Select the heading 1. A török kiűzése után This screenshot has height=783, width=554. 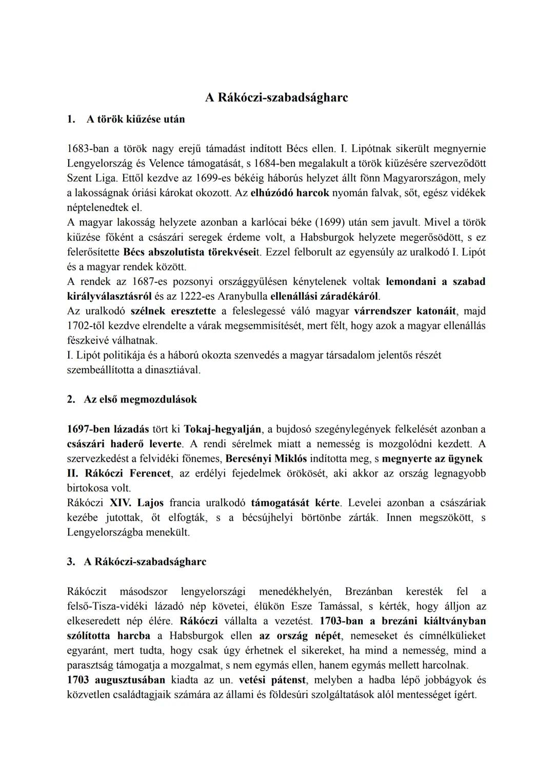(x=126, y=119)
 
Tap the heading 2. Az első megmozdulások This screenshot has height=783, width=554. (x=132, y=399)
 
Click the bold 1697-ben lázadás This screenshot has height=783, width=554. (x=108, y=428)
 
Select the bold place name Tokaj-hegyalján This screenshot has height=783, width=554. (x=222, y=428)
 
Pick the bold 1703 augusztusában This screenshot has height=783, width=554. (x=116, y=680)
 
